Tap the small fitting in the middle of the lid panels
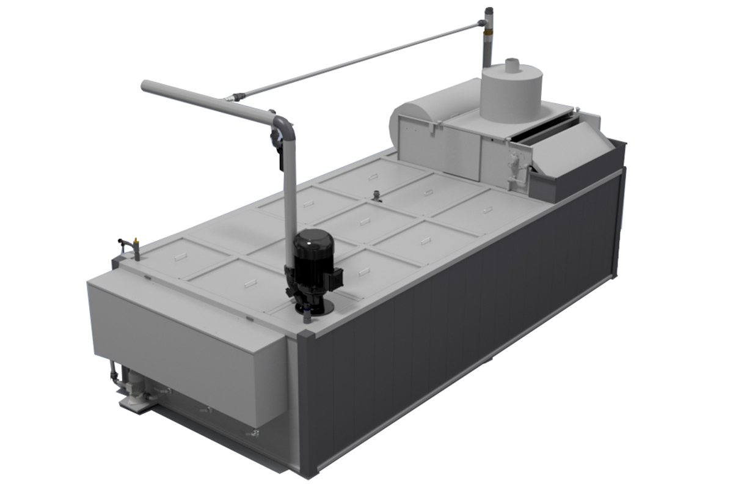point(377,197)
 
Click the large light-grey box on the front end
point(183,342)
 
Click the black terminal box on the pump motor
point(334,280)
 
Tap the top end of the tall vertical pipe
point(488,11)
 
